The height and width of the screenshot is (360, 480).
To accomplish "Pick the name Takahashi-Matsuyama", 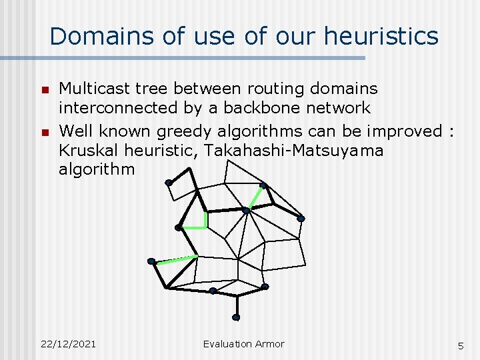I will tap(294, 150).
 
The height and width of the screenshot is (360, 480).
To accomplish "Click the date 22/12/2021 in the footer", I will tap(67, 344).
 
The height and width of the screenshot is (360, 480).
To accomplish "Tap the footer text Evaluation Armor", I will tap(243, 344).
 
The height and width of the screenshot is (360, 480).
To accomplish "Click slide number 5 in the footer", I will tap(460, 345).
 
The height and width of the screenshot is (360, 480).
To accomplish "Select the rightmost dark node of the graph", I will tap(301, 219).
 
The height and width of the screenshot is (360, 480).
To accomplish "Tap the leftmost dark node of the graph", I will tap(152, 261).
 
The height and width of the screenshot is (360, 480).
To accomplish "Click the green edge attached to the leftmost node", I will tap(175, 258).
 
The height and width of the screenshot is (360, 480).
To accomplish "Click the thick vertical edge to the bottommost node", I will tap(236, 305).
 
